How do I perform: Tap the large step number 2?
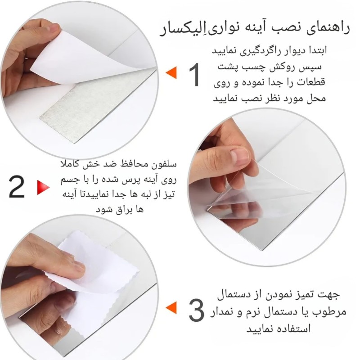tap(17, 187)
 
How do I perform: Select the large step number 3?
tap(196, 310)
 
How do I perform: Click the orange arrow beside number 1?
tap(171, 72)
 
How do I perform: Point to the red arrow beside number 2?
tap(43, 188)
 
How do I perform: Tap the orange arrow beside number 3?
tap(171, 307)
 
